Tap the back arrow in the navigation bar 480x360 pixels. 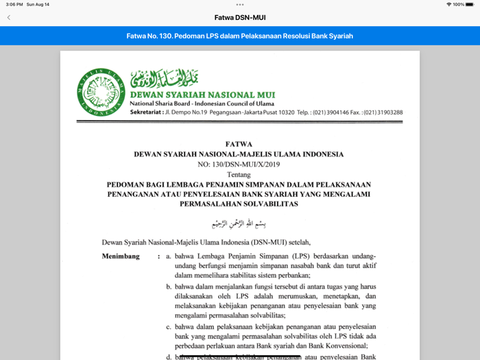[x=9, y=17]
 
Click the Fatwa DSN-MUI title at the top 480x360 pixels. [x=239, y=17]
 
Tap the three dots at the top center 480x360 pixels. [x=239, y=4]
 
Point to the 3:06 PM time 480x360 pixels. [x=14, y=4]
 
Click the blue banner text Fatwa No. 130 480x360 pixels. [x=239, y=36]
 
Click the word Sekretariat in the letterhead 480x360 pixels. [x=146, y=112]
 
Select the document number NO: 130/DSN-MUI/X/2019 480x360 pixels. [x=239, y=165]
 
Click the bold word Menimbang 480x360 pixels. [x=121, y=256]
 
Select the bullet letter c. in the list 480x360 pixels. [x=169, y=327]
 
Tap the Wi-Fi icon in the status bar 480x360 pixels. [x=449, y=4]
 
